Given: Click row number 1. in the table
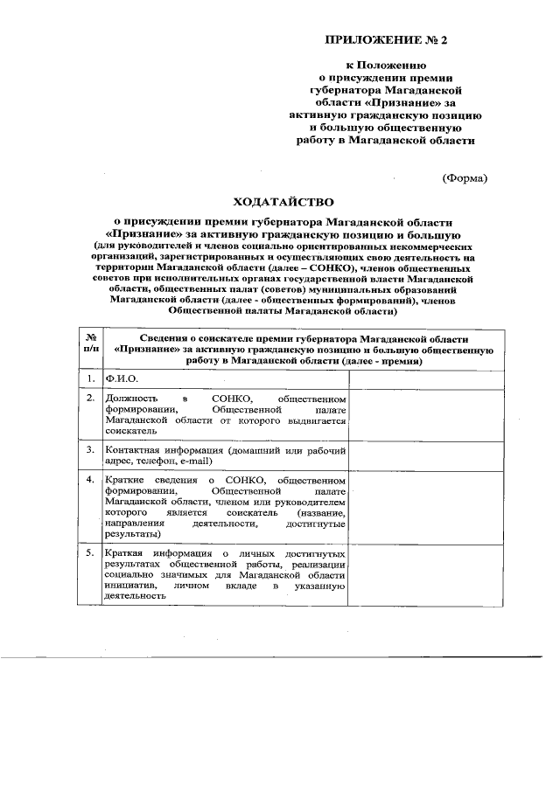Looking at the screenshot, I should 90,378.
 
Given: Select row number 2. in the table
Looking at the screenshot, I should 90,398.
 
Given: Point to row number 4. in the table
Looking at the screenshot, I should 90,480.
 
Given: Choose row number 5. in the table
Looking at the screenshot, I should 90,554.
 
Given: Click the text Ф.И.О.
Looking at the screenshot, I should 122,378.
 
